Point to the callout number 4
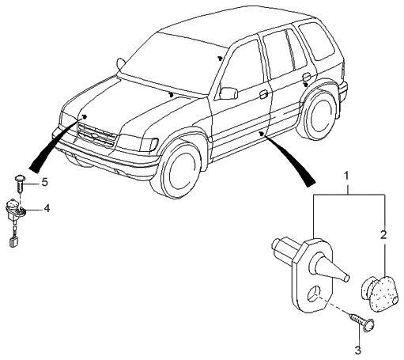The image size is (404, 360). coord(46,209)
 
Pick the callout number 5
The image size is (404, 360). coord(44,183)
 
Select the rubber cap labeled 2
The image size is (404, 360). coord(378,293)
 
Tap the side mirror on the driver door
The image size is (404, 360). coord(228,93)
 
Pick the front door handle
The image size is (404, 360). coord(262,94)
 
